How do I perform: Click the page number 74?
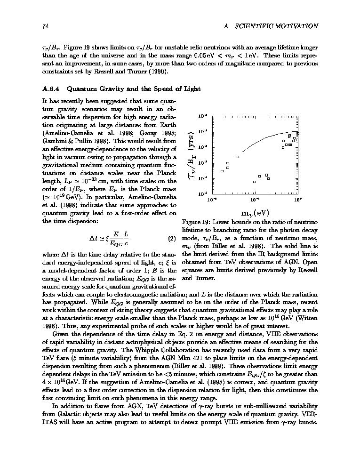[46, 26]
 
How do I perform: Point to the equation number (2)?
[172, 238]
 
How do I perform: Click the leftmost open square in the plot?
[222, 171]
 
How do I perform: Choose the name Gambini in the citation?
[53, 141]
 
